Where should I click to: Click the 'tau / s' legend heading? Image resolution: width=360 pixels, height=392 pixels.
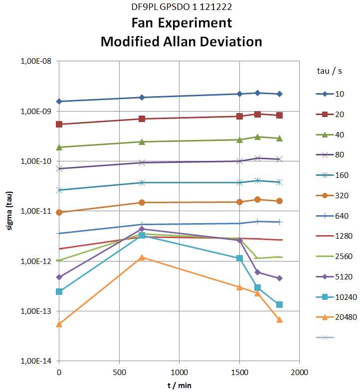coord(330,71)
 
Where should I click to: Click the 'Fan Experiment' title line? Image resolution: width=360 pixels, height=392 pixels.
coord(181,23)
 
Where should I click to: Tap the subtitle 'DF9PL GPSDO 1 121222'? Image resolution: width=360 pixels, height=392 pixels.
coord(181,7)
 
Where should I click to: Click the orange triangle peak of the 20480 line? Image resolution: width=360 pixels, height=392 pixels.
coord(142,258)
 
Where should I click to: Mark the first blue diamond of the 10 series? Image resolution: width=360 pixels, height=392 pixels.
coord(59,102)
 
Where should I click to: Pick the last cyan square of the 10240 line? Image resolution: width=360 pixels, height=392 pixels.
coord(279,304)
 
